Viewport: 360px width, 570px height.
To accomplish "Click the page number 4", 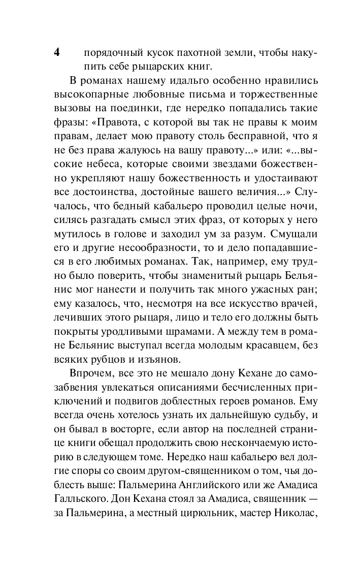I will pyautogui.click(x=57, y=53).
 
